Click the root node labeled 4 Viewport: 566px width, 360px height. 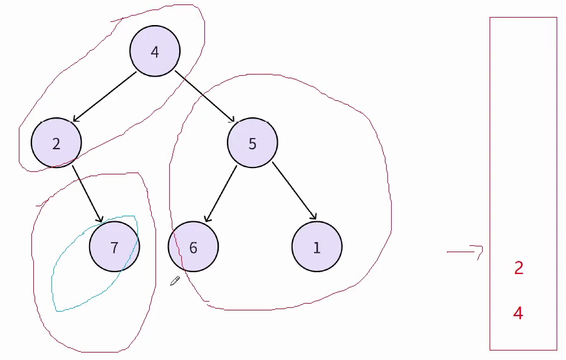click(155, 51)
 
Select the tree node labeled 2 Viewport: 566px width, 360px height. click(56, 143)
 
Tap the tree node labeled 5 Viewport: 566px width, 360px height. click(252, 143)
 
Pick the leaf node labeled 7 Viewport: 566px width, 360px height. click(114, 247)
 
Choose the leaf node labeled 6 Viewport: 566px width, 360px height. click(193, 247)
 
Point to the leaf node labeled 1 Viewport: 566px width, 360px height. click(317, 247)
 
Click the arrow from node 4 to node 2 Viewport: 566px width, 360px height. click(105, 97)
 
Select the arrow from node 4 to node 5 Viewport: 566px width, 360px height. click(204, 97)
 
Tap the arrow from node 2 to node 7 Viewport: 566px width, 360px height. click(87, 193)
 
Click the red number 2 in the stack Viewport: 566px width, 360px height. click(518, 268)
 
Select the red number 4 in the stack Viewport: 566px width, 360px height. click(518, 313)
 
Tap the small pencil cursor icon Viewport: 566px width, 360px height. click(175, 281)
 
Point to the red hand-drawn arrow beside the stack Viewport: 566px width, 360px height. click(465, 251)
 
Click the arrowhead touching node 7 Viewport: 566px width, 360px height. click(100, 218)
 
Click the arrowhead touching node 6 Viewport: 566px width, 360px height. click(207, 218)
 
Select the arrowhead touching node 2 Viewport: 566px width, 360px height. click(76, 119)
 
